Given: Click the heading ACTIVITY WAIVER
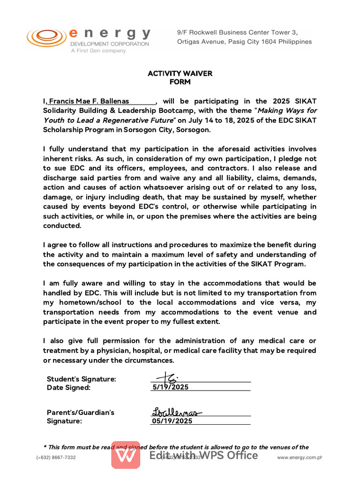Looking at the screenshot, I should click(x=180, y=74).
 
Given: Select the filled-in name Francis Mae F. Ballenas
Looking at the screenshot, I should click(x=89, y=101).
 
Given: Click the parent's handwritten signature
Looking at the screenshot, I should click(x=176, y=412).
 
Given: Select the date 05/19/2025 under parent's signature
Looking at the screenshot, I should click(x=172, y=421).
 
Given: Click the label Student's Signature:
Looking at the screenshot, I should click(x=82, y=379).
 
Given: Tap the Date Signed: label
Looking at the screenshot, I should click(x=68, y=388).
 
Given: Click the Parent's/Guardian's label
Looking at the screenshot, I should click(x=80, y=412).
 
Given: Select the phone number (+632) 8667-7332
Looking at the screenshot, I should click(x=56, y=457).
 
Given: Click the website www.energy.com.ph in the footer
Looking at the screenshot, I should click(x=300, y=457).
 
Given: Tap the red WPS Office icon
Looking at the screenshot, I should click(x=126, y=455).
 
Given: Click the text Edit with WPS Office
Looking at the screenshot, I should click(x=203, y=455).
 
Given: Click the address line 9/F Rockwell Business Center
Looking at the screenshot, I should click(x=237, y=32).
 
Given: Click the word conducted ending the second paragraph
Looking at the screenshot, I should click(x=62, y=225).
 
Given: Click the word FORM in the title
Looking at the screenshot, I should click(x=180, y=82).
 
